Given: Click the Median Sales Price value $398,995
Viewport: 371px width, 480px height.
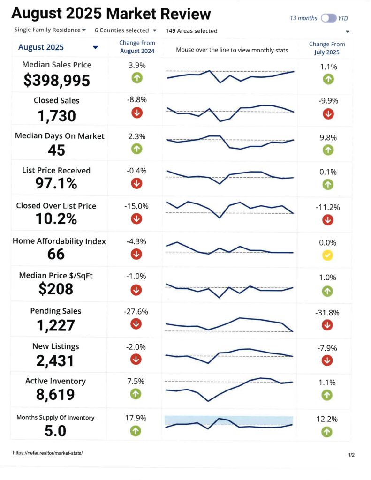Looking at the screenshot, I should tap(57, 81).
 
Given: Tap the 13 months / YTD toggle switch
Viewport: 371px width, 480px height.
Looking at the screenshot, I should tap(328, 19).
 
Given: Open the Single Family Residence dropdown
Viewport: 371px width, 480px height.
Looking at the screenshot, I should tap(50, 30).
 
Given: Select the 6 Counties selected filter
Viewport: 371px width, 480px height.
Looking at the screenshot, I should tap(125, 30).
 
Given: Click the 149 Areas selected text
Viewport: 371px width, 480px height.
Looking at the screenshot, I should tap(191, 31).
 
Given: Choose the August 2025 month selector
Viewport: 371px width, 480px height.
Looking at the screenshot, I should tap(58, 47).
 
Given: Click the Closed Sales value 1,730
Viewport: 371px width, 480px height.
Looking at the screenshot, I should tap(56, 116).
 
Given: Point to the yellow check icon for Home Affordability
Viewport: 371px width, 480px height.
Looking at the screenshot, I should tap(328, 255).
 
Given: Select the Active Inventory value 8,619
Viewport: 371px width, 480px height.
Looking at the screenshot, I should tap(55, 395).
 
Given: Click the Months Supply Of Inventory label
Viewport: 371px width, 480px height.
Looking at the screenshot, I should tap(55, 418).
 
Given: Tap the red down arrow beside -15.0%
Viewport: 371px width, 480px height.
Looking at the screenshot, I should tap(136, 218).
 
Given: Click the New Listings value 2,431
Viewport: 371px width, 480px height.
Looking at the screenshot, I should tap(55, 360).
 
